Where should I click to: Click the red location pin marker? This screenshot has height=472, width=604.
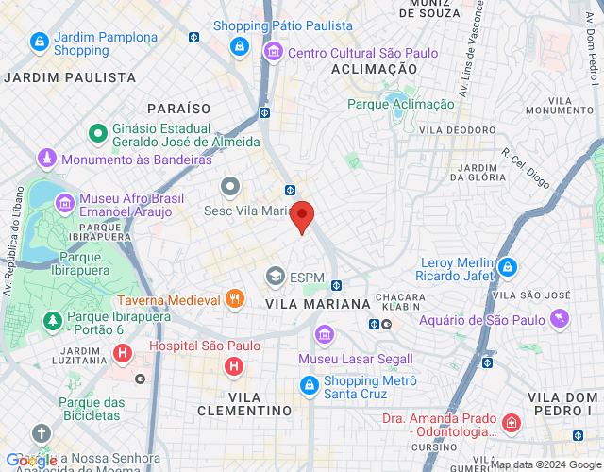(x=302, y=216)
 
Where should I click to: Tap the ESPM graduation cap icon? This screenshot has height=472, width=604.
(x=275, y=277)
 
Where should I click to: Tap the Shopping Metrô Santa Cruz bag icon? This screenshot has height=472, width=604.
(x=309, y=385)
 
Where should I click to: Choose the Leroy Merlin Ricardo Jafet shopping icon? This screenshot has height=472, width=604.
(x=508, y=267)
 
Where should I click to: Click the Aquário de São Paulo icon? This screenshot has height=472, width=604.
(x=560, y=318)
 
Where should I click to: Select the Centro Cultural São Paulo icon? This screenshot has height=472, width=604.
(x=273, y=51)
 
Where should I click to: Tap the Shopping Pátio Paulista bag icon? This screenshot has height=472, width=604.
(x=240, y=46)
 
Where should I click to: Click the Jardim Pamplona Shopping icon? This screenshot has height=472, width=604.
(x=39, y=42)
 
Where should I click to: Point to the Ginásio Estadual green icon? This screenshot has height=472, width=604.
(x=96, y=134)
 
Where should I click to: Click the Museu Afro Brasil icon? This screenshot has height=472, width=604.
(x=64, y=203)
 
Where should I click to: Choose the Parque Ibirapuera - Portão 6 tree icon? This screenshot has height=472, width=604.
(x=51, y=322)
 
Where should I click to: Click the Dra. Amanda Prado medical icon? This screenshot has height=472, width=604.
(x=511, y=423)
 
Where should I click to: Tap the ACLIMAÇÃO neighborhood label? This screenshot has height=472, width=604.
(x=375, y=69)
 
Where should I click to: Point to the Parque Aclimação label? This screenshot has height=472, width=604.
(x=400, y=104)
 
